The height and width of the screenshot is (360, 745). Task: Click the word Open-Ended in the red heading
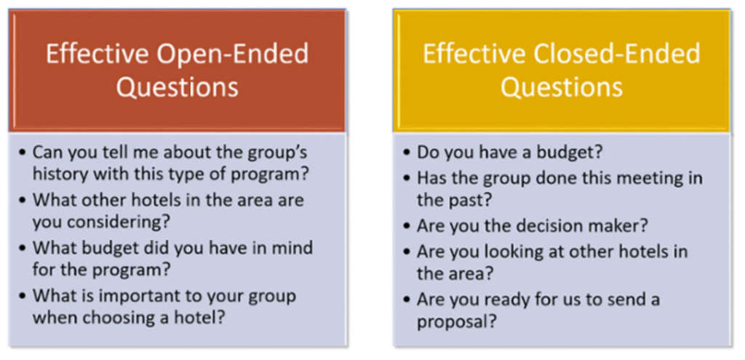tap(233, 54)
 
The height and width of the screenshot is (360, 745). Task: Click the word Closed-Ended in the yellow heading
tap(617, 54)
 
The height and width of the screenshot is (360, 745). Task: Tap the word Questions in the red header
tap(178, 87)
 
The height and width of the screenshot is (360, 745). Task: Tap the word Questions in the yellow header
tap(562, 87)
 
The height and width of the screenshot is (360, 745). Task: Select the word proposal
tap(457, 323)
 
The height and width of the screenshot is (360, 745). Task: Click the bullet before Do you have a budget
tap(407, 153)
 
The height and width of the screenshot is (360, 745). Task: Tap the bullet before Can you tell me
tap(23, 153)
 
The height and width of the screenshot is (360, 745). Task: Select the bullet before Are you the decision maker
tap(407, 225)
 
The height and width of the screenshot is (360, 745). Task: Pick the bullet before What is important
tap(23, 297)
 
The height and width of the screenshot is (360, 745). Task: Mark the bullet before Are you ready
tap(407, 300)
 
